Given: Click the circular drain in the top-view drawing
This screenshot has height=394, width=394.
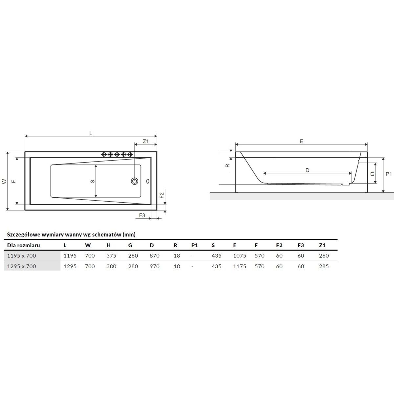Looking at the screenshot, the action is click(135, 181).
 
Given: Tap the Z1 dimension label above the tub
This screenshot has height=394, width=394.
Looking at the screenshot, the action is click(145, 141).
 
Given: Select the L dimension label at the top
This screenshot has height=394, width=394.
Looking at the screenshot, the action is click(91, 133).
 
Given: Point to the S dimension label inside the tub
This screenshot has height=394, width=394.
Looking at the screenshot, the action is click(92, 181).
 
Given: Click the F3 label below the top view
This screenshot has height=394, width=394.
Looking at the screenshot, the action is click(142, 215).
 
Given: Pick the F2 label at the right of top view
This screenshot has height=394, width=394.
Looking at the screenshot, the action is click(162, 195).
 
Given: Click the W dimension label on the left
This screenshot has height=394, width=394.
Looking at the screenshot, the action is click(5, 181).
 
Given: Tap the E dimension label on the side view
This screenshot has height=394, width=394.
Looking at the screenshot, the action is click(301, 141).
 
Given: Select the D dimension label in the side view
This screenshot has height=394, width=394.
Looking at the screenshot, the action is click(307, 170).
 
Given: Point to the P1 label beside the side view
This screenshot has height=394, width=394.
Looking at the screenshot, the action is click(388, 174).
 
